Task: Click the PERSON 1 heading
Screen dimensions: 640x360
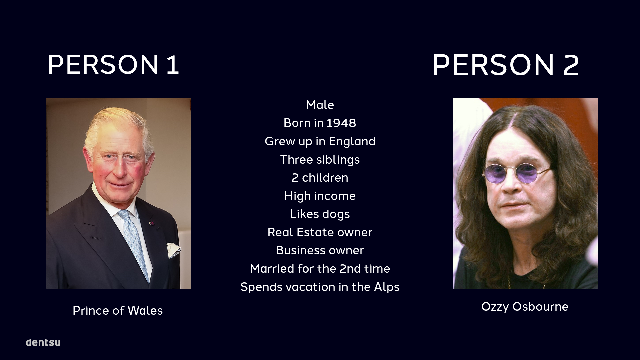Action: pos(113,64)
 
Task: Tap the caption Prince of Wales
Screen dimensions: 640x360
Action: pos(118,311)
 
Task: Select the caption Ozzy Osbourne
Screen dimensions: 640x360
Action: pos(525,307)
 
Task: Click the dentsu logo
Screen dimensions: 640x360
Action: pos(43,342)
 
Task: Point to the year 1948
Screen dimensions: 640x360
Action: pos(341,123)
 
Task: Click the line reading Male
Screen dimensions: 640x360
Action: pos(320,105)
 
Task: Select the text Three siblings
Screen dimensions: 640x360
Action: pos(320,160)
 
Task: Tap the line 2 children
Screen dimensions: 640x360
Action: pos(320,178)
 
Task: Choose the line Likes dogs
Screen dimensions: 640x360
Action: pos(320,214)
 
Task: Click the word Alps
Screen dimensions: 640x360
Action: pos(386,287)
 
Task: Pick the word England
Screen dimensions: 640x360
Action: pos(352,142)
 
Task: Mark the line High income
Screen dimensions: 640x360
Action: pos(320,196)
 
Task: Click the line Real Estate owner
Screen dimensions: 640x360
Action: pos(320,232)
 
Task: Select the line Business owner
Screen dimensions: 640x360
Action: pos(320,250)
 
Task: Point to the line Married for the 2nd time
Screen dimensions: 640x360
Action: pos(320,269)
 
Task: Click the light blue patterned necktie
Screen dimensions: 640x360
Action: pos(135,243)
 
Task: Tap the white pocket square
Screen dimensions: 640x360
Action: pos(173,250)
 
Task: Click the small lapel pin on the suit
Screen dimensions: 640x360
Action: pos(152,223)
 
